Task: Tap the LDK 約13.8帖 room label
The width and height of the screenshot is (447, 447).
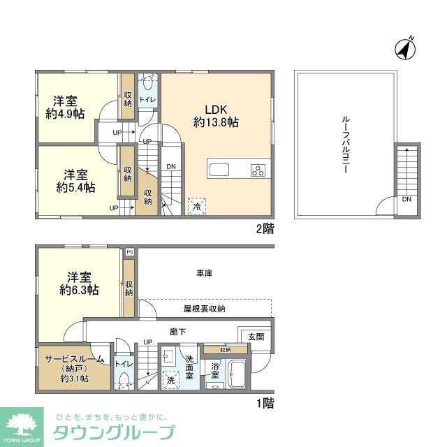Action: coord(216,115)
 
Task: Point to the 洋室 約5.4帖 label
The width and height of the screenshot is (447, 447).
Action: coord(76,180)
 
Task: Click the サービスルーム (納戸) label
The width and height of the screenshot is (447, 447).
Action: coord(74,368)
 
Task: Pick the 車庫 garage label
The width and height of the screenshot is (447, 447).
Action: coord(204,273)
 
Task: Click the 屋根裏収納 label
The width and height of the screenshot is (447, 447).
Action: coord(204,308)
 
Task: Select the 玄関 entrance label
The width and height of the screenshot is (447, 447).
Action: coord(256,336)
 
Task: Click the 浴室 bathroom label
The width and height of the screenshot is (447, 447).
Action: coord(216,369)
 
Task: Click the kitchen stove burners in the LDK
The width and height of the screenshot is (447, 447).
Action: coord(258,170)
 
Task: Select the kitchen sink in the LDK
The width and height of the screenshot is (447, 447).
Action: coord(218,170)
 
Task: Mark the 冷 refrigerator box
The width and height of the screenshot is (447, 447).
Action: coord(197,207)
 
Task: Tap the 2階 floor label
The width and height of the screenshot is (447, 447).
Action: coord(264,228)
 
